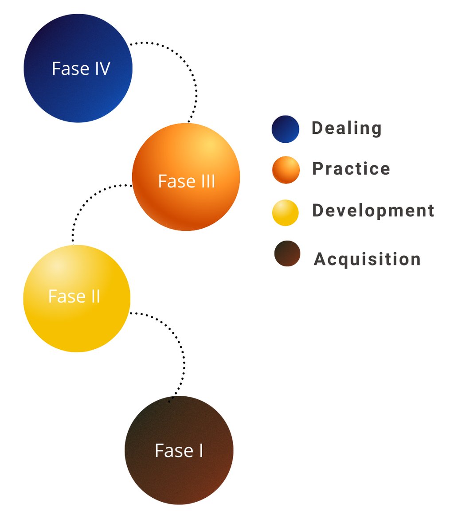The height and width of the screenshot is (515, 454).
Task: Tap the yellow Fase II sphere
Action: click(x=76, y=328)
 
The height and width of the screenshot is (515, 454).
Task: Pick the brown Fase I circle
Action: click(x=179, y=479)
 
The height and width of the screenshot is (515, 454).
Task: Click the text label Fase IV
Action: click(x=81, y=69)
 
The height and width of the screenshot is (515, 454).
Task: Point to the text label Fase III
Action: click(x=186, y=181)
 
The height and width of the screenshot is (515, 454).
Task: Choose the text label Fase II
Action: click(x=74, y=296)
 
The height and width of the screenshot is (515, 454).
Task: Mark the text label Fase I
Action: click(x=179, y=451)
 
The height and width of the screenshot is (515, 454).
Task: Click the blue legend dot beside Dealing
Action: click(x=286, y=129)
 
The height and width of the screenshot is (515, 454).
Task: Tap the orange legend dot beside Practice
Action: click(x=286, y=170)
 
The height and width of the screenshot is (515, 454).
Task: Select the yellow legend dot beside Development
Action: click(x=286, y=213)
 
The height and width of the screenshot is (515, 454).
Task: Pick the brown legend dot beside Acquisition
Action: click(x=287, y=254)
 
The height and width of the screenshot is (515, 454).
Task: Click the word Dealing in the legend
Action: click(x=346, y=128)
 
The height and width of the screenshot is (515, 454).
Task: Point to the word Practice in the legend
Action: click(x=351, y=169)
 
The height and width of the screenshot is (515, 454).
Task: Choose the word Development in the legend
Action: click(x=373, y=211)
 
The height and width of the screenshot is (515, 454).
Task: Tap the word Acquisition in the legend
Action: click(x=367, y=259)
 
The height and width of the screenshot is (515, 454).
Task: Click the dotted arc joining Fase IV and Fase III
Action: click(x=193, y=80)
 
